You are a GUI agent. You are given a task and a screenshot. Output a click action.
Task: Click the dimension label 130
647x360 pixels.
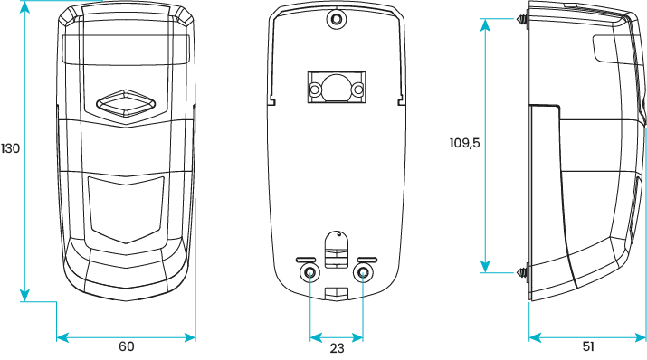tap(10, 148)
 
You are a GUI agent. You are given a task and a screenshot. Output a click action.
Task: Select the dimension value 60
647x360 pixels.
tap(126, 347)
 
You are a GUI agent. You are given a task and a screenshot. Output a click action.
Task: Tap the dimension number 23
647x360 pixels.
tap(336, 347)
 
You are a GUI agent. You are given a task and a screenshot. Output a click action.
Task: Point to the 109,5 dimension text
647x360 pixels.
tap(465, 142)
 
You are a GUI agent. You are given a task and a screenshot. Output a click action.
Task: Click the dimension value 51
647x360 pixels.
tap(588, 347)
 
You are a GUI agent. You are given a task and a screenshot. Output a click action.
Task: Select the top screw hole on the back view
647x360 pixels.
tap(336, 18)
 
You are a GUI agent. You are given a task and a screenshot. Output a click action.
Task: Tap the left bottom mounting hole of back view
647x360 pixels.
tap(309, 273)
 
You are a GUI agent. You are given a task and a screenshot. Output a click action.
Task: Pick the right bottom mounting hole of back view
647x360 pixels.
tap(362, 273)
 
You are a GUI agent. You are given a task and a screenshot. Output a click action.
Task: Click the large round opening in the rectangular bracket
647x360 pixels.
tap(336, 86)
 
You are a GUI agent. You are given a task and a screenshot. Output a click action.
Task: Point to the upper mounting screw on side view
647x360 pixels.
tap(524, 20)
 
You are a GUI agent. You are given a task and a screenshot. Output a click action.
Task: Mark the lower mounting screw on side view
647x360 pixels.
tap(524, 270)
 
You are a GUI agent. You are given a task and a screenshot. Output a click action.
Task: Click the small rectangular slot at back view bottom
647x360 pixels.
tap(336, 292)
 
